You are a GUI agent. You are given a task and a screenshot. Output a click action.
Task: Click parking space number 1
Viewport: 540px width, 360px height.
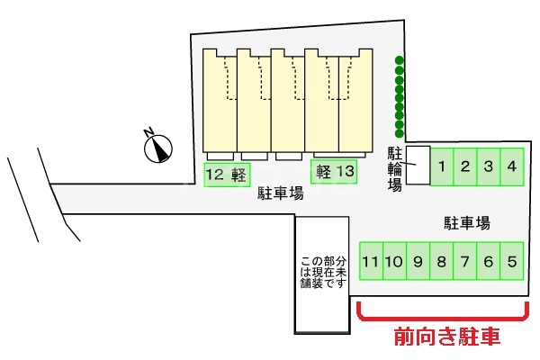(443, 166)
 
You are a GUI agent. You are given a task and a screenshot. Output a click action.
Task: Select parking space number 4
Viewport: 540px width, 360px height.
(511, 166)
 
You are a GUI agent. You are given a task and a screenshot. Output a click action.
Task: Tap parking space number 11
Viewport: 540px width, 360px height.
(371, 262)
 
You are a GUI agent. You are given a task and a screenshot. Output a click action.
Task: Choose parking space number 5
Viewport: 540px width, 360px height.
(511, 262)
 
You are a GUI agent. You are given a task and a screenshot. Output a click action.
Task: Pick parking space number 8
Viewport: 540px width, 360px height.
(441, 262)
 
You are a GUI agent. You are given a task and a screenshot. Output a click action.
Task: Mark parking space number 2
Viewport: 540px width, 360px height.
(465, 166)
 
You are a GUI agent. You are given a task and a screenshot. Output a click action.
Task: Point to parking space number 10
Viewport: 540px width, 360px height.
(394, 262)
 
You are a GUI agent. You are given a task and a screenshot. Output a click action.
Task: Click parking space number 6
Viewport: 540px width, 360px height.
(488, 262)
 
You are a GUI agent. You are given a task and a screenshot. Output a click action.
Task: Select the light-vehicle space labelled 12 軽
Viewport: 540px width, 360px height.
(226, 175)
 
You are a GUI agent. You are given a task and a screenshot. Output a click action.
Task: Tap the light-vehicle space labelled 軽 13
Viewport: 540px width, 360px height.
(333, 171)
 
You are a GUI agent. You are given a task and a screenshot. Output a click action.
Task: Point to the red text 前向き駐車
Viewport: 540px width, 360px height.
(447, 337)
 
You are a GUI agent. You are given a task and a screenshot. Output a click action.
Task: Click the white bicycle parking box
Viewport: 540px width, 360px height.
(417, 166)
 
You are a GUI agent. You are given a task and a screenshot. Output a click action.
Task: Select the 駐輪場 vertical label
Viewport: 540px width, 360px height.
(394, 166)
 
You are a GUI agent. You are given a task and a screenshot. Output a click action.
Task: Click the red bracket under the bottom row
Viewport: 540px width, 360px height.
(442, 317)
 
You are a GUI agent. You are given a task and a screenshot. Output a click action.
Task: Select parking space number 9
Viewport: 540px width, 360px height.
(418, 262)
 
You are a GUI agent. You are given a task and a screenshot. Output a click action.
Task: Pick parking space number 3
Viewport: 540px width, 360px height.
(488, 166)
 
